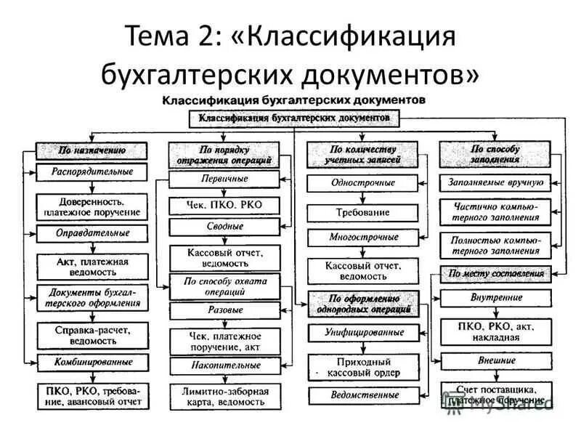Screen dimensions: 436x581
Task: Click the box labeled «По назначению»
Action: coord(92,150)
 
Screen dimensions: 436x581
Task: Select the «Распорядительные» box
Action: coord(92,172)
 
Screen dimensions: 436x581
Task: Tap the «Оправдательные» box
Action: coord(92,233)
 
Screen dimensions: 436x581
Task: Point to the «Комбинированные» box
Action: coord(92,361)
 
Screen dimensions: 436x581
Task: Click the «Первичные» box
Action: coord(224,179)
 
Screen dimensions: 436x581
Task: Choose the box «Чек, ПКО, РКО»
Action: coord(224,206)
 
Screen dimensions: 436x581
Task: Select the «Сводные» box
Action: coord(224,227)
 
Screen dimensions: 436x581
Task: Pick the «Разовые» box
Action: coord(224,310)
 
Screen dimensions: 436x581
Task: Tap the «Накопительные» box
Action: coord(224,366)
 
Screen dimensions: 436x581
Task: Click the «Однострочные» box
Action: coord(362,183)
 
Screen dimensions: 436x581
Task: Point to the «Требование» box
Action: coord(362,212)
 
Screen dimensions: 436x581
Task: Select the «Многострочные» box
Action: coord(362,238)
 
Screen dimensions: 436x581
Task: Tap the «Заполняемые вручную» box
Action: coord(495,183)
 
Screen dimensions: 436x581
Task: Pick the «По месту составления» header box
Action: coord(495,274)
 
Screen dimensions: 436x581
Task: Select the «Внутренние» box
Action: coord(495,297)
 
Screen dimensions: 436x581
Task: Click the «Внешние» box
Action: coord(495,360)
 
